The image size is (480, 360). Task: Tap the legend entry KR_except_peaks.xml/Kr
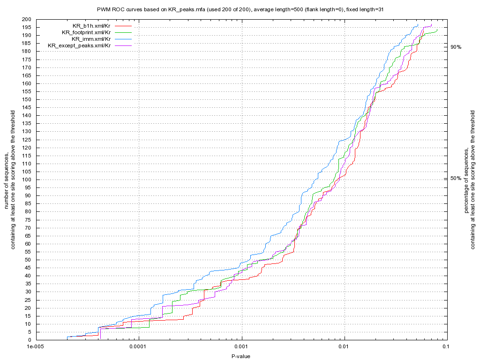tap(79, 45)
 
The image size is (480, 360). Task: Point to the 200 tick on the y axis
tap(27, 19)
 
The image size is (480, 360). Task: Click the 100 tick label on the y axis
tap(27, 180)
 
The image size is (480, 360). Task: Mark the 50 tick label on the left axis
tap(28, 260)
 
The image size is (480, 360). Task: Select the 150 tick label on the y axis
tap(27, 99)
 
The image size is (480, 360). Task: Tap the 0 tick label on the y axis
tap(30, 340)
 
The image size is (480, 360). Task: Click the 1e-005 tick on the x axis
tap(36, 347)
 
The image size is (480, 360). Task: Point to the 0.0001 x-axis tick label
tap(139, 347)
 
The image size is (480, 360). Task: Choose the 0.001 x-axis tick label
tap(242, 347)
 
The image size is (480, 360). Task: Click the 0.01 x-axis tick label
tap(345, 347)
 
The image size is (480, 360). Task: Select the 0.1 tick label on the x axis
tap(446, 347)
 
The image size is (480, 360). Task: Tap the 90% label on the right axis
tap(456, 47)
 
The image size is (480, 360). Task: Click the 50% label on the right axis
tap(456, 178)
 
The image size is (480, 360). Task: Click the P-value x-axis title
tap(241, 357)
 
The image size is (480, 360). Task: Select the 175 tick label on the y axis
tap(27, 59)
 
